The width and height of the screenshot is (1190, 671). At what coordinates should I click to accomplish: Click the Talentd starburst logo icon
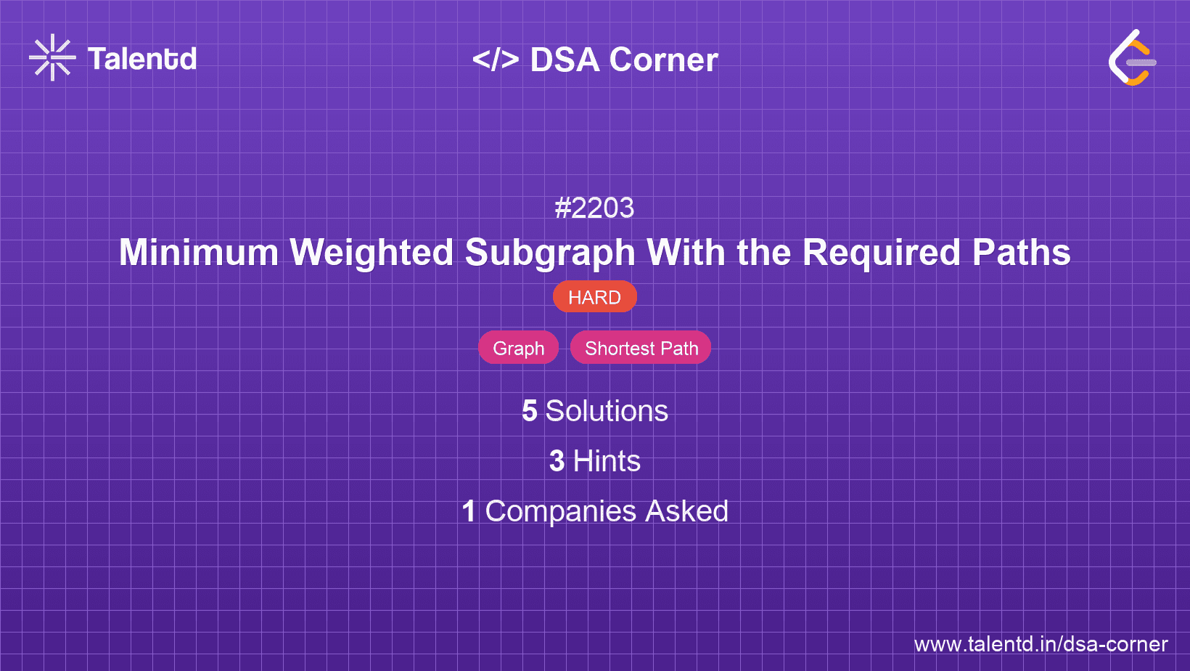click(x=52, y=57)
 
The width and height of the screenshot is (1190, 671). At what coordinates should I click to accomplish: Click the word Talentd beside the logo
click(x=142, y=59)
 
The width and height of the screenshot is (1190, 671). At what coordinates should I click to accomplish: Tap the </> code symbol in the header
click(x=496, y=60)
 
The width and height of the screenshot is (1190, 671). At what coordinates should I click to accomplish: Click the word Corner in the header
click(x=663, y=60)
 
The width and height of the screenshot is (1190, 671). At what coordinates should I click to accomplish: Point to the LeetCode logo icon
click(x=1133, y=58)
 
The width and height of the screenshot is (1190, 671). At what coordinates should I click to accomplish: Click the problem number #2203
click(x=594, y=208)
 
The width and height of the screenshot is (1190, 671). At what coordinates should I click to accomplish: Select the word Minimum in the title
click(x=199, y=253)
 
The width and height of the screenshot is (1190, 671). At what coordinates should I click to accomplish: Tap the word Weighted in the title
click(x=372, y=253)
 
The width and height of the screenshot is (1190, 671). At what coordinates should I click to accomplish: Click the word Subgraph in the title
click(x=550, y=253)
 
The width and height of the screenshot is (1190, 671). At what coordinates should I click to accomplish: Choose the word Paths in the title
click(x=1021, y=253)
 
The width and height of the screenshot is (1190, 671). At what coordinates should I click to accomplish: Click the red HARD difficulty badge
click(x=594, y=297)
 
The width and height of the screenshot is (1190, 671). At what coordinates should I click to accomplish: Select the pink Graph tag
click(x=518, y=348)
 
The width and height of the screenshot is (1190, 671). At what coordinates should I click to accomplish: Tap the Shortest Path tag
click(x=641, y=348)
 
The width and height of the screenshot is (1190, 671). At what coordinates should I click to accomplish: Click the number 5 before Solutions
click(x=530, y=411)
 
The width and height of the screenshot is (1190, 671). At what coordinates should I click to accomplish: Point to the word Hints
click(x=607, y=461)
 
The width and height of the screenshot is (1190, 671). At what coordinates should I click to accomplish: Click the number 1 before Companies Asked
click(x=469, y=511)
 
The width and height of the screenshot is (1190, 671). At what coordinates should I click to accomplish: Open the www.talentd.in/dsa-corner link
click(x=1041, y=644)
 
